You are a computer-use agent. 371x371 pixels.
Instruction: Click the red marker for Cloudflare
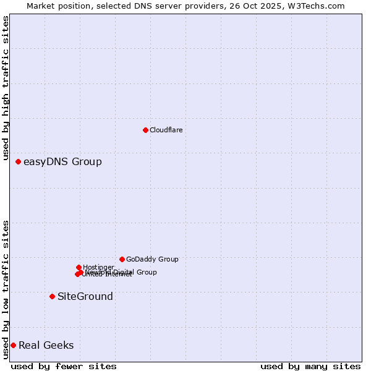pyautogui.click(x=145, y=130)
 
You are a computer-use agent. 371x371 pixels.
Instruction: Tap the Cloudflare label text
pyautogui.click(x=166, y=130)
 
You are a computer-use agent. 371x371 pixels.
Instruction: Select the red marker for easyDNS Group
pyautogui.click(x=18, y=161)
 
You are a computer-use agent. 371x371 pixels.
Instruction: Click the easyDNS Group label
pyautogui.click(x=62, y=162)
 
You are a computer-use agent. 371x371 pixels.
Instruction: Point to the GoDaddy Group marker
pyautogui.click(x=122, y=259)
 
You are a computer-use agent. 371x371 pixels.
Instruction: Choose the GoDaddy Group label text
pyautogui.click(x=152, y=259)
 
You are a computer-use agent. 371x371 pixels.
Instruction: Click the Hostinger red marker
pyautogui.click(x=79, y=267)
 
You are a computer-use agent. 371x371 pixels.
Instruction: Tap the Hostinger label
pyautogui.click(x=98, y=267)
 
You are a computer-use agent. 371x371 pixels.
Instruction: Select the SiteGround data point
pyautogui.click(x=52, y=296)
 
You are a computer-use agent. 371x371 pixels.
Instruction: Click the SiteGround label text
pyautogui.click(x=85, y=297)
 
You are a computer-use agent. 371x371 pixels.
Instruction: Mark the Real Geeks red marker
pyautogui.click(x=13, y=345)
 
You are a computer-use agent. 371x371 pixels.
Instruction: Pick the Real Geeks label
pyautogui.click(x=46, y=346)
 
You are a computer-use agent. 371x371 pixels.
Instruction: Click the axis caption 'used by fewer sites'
pyautogui.click(x=64, y=366)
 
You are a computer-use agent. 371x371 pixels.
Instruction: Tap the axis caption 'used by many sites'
pyautogui.click(x=310, y=366)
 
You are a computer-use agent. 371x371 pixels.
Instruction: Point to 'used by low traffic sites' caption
pyautogui.click(x=6, y=289)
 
